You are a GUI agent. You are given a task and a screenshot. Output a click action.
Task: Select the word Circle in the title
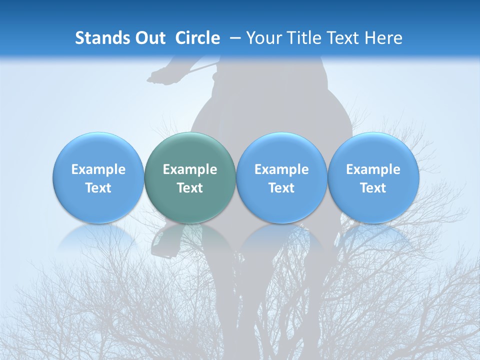[x=197, y=38]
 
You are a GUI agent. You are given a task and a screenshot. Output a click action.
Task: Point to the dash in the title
[x=233, y=38]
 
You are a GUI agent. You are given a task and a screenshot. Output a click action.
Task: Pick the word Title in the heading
[x=304, y=38]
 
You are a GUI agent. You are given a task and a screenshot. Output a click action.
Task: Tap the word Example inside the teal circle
[x=190, y=169]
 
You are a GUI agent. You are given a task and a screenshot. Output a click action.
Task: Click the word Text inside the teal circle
[x=190, y=188]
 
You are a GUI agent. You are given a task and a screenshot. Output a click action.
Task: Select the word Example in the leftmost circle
[x=98, y=169]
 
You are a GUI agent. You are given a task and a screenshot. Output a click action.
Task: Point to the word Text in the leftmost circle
[x=98, y=188]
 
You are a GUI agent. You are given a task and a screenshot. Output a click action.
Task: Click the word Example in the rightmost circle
[x=373, y=169]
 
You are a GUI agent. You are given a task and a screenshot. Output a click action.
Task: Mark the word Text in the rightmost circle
[x=373, y=188]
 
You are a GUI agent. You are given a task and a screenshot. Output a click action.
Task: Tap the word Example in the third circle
[x=281, y=169]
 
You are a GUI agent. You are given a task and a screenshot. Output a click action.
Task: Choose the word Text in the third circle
[x=281, y=188]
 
